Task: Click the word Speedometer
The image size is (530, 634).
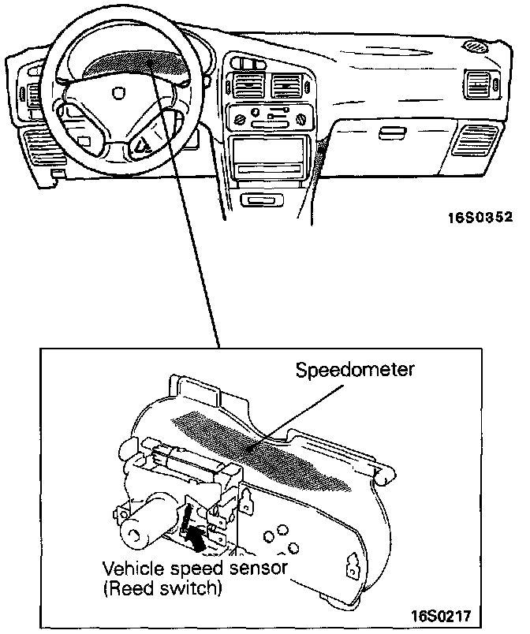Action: pos(354,370)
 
